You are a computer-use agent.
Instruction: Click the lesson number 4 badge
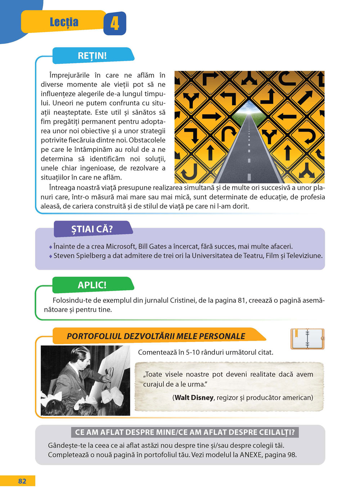114,23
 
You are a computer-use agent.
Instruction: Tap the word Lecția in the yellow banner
64,22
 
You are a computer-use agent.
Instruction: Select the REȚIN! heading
92,56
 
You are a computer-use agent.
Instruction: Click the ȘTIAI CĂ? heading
92,229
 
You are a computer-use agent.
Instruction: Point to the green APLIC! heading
92,285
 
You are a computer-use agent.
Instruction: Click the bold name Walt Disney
194,397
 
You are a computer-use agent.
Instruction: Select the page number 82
22,481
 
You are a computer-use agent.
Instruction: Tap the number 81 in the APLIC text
242,300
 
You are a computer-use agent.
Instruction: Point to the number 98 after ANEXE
291,455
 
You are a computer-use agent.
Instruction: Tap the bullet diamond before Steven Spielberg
51,256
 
